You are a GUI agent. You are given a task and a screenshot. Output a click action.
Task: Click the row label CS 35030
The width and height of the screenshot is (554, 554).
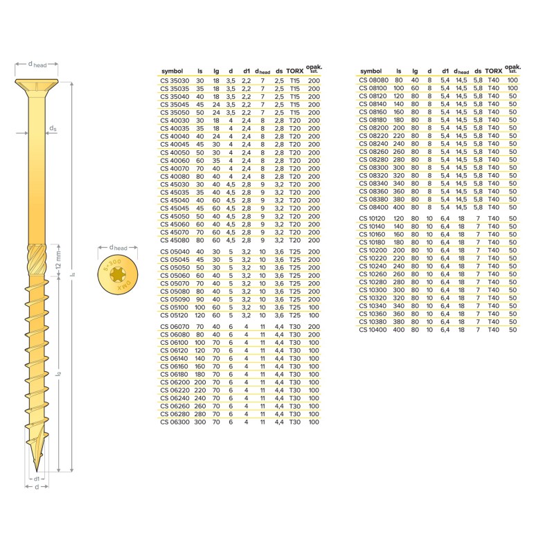(173, 81)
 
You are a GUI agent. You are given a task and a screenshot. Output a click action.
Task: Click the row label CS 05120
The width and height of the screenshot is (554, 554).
(173, 314)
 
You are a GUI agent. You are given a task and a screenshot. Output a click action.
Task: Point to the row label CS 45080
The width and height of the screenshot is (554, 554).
(173, 240)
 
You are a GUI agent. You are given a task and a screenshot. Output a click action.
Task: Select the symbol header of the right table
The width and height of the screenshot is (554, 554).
(371, 71)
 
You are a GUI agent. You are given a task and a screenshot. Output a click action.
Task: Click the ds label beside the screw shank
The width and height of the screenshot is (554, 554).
(53, 129)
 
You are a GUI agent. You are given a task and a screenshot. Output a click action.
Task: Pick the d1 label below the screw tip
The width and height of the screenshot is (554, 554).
(36, 479)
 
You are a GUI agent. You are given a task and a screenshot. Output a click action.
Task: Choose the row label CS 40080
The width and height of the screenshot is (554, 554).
(173, 176)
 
